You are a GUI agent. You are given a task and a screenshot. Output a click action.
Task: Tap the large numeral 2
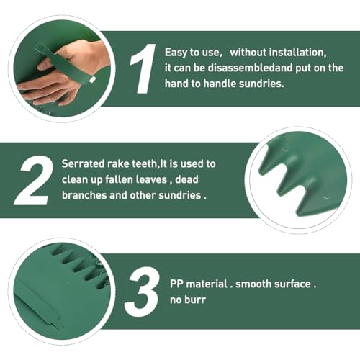34,180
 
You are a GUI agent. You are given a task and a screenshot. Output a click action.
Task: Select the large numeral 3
142,292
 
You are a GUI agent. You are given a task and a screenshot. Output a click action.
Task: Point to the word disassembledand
250,68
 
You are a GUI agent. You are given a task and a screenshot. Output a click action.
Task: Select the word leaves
152,179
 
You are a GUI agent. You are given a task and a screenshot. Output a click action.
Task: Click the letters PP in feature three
176,284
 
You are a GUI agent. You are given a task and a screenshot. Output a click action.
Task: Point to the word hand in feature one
176,84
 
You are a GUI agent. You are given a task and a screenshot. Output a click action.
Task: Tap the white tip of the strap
92,80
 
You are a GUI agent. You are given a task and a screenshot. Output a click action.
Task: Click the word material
207,284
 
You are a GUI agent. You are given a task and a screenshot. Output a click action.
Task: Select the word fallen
120,179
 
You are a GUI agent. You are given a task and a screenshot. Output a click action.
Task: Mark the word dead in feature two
186,179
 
